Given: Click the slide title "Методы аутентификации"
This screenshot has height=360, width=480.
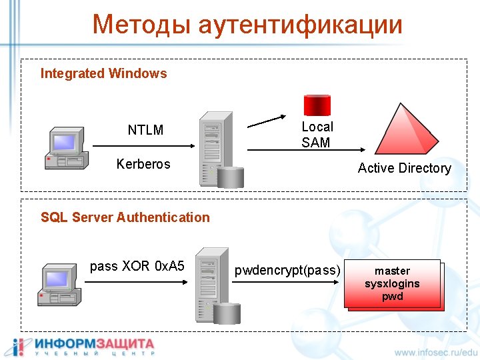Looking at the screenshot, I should tap(247, 25).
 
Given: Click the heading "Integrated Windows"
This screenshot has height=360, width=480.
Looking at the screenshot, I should tap(103, 73).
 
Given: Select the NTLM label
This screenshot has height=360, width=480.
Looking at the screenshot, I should tap(145, 130).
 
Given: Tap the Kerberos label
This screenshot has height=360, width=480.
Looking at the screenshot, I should tap(143, 164).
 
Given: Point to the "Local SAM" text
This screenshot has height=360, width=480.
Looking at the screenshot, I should tap(317, 134).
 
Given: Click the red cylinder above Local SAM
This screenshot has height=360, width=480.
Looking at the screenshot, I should tap(317, 104).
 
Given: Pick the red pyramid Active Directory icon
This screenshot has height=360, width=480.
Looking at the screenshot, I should tap(407, 129).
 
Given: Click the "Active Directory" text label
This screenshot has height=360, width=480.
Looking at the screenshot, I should tap(404, 168).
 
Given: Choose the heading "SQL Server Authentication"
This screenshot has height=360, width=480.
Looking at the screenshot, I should tap(125, 217).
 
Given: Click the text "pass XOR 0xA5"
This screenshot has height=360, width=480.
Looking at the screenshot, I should tap(137, 267).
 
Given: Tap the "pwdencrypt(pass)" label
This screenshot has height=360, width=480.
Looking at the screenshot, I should tap(287, 270).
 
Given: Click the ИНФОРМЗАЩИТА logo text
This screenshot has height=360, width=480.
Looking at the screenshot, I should tap(94, 345).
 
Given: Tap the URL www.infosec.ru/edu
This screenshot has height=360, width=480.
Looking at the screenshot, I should tap(436, 351).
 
